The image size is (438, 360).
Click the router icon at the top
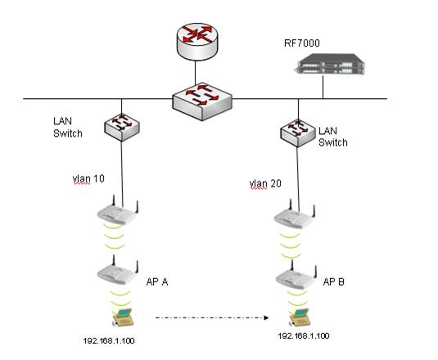[197, 42]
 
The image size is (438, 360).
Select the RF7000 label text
[302, 43]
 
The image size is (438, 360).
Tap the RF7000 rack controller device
[330, 65]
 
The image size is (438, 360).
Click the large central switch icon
[202, 101]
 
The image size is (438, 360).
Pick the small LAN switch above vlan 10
[122, 127]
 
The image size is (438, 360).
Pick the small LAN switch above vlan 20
[298, 133]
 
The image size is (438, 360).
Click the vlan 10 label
[88, 179]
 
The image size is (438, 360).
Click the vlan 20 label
[265, 184]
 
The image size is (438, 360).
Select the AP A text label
[157, 281]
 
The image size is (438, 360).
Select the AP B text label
[333, 281]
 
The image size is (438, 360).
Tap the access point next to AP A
[118, 271]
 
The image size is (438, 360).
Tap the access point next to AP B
[296, 276]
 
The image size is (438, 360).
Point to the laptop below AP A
[123, 317]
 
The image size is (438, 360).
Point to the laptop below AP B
[300, 317]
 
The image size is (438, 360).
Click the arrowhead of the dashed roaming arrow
[266, 317]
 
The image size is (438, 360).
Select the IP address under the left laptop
[109, 340]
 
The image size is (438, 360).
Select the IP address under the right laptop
[304, 335]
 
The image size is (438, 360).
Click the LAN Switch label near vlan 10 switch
[68, 128]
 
